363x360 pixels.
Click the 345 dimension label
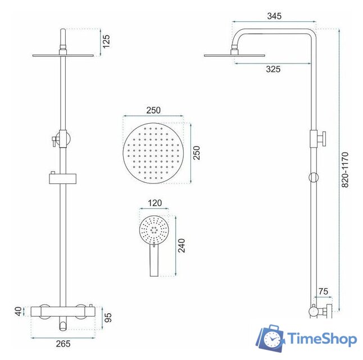[x=274, y=16]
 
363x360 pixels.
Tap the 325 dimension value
[x=273, y=69]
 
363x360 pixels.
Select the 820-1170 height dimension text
[x=344, y=170]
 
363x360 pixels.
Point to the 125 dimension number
[x=106, y=42]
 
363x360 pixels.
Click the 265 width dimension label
[x=63, y=344]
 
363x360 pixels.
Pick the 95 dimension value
[x=108, y=318]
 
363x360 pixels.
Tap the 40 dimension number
[x=19, y=311]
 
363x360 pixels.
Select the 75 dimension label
[x=323, y=291]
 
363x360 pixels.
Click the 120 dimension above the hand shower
[x=155, y=203]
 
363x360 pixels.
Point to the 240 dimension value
[x=182, y=245]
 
